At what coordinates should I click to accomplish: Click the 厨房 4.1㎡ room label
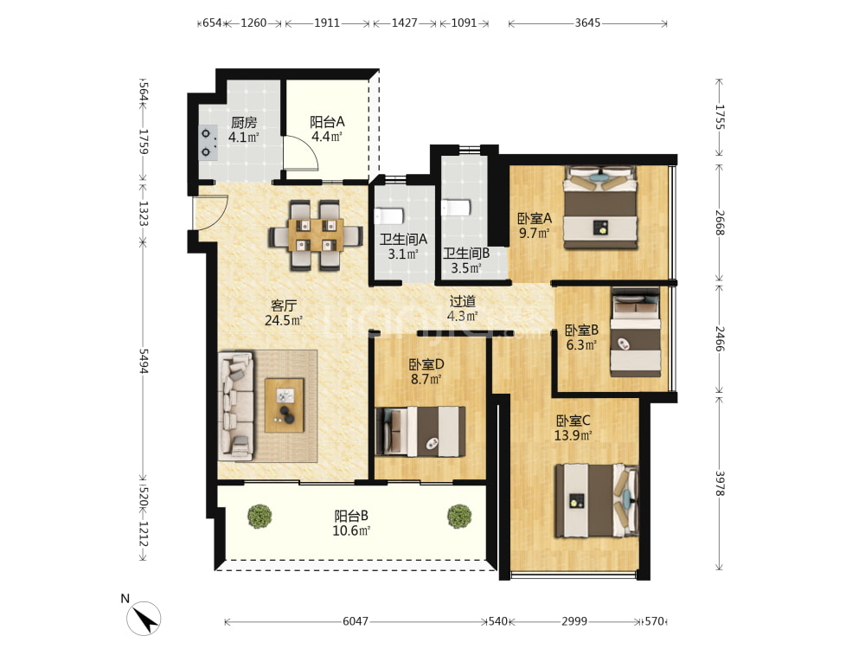coord(243,130)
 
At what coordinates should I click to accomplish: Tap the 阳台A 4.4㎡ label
coord(327,129)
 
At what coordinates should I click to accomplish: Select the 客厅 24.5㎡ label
coord(284,312)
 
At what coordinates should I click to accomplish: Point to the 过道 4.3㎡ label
coord(462,309)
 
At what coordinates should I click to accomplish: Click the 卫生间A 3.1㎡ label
coord(403,247)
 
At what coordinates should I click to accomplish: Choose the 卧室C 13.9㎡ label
coord(573,427)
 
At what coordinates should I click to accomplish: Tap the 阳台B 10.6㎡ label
coord(351,524)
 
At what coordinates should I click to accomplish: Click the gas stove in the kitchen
coord(208,143)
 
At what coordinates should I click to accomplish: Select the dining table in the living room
coord(315,235)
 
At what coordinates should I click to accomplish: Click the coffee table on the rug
coord(284,405)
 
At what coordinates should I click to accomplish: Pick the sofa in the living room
coord(236,406)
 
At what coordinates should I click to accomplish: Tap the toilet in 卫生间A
coord(389,215)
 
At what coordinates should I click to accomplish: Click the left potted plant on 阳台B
coord(259,516)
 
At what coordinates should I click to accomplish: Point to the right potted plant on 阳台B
coord(459,516)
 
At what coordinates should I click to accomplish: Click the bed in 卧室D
coord(420,432)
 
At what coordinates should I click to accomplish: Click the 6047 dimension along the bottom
coord(356,621)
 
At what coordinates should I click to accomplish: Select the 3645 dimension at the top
coord(587,22)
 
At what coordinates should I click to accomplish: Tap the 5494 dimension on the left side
coord(144,360)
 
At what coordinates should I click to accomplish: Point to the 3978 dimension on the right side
coord(720,483)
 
